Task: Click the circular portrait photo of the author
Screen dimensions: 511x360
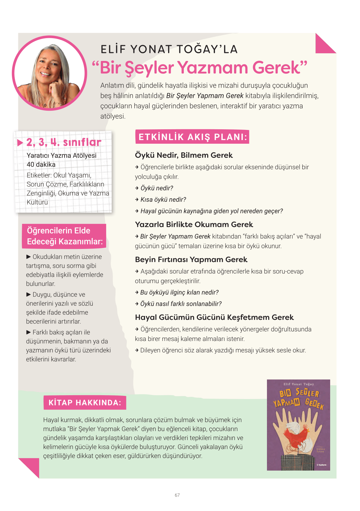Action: [49, 73]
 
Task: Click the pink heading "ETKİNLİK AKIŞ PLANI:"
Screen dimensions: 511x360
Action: [193, 137]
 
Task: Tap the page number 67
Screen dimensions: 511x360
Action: [177, 495]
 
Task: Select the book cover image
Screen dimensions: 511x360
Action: [298, 425]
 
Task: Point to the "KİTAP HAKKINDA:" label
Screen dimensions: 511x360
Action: [85, 403]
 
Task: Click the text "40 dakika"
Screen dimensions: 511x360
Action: [41, 165]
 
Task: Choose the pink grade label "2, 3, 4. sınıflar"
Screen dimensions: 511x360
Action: [64, 142]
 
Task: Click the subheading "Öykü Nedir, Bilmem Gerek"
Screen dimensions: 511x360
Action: [184, 155]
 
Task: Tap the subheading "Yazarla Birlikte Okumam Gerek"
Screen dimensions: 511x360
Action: [194, 225]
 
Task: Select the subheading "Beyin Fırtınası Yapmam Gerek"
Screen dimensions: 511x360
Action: [191, 260]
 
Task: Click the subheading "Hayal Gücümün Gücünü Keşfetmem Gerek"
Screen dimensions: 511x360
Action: [214, 317]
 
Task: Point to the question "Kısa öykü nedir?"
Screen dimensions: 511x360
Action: [163, 200]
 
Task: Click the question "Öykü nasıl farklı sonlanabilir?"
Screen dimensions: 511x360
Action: [181, 304]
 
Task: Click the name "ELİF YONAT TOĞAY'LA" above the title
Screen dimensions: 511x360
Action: [169, 49]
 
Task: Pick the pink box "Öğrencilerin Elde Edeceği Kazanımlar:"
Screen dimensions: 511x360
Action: [64, 236]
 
